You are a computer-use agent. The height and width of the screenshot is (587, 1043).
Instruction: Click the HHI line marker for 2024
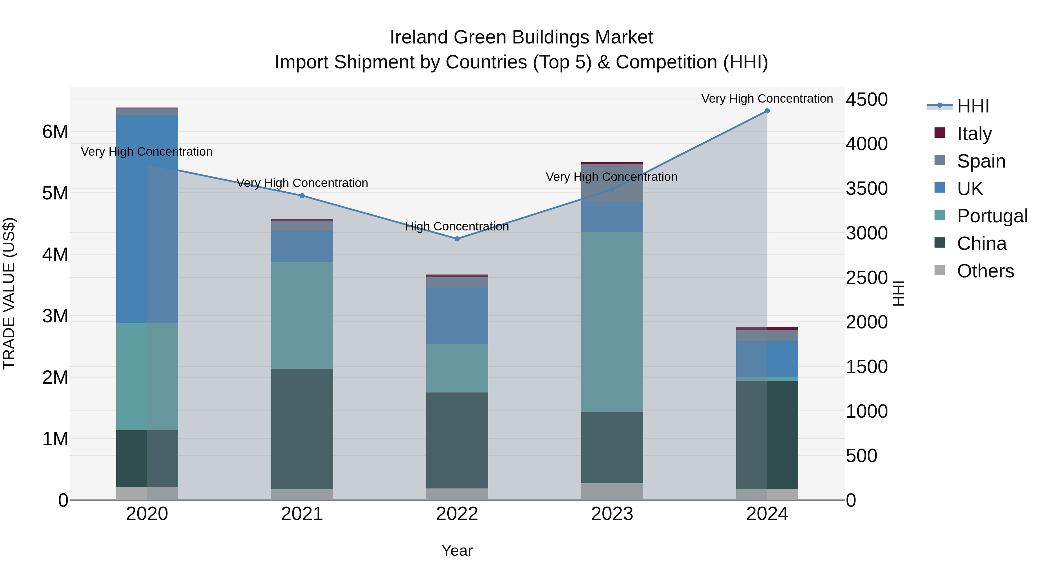[767, 111]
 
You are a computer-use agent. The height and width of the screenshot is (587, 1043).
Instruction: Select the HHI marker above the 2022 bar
[457, 239]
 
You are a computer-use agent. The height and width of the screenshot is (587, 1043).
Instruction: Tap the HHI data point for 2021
[302, 196]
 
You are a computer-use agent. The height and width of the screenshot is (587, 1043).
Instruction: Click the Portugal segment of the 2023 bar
[612, 322]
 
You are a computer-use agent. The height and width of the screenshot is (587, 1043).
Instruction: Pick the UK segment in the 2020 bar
[147, 219]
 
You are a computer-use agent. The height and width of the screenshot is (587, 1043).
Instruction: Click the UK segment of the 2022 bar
[457, 316]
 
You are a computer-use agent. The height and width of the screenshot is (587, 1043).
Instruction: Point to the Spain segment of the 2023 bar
[612, 183]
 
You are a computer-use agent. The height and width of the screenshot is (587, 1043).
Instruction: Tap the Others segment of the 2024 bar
[767, 494]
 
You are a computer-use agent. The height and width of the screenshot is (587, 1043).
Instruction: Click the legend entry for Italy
[974, 133]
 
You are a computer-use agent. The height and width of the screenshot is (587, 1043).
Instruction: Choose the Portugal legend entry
[992, 216]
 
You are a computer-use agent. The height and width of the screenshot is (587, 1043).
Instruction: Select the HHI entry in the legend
[973, 106]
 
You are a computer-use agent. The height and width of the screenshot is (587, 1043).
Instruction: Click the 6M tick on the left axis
[55, 132]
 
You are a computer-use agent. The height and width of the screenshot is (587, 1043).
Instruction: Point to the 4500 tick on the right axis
[867, 100]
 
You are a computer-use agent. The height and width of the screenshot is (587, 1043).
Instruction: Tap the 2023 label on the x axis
[612, 514]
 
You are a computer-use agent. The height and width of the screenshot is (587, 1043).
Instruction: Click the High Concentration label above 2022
[457, 226]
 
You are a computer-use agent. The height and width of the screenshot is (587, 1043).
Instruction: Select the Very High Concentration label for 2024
[767, 99]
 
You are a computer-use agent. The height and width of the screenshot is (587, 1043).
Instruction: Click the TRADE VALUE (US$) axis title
[9, 293]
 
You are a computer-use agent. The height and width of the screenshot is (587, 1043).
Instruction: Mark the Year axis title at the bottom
[457, 550]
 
